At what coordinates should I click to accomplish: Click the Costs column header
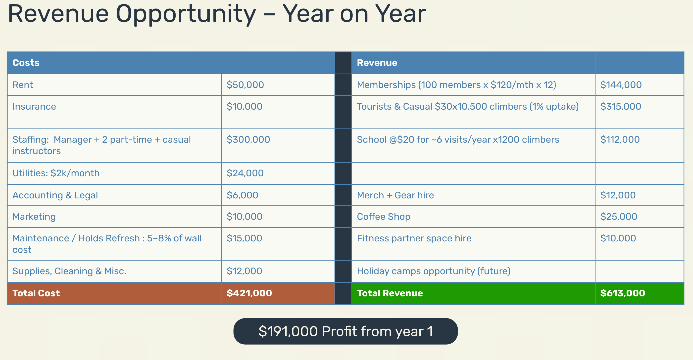26,63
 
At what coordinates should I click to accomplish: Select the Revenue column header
377,63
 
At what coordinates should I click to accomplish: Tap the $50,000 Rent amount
245,85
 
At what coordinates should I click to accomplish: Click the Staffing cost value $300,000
248,139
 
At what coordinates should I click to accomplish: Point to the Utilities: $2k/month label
56,173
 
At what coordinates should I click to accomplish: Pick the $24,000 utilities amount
245,173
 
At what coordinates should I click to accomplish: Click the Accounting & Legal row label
55,195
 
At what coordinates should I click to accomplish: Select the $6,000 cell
242,195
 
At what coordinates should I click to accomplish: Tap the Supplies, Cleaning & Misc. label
69,271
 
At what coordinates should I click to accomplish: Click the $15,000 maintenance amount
244,238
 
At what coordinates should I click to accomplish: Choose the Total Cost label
36,293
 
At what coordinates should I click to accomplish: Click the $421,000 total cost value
249,293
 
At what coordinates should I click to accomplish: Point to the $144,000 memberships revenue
621,85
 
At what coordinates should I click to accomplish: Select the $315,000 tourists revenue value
621,106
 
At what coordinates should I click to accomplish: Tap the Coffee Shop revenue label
384,217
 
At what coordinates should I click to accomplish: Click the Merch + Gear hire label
396,195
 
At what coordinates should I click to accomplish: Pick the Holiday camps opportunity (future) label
434,271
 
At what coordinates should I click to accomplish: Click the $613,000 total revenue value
623,293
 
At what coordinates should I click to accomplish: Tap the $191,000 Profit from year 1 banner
346,331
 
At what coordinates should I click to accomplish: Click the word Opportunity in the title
186,14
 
